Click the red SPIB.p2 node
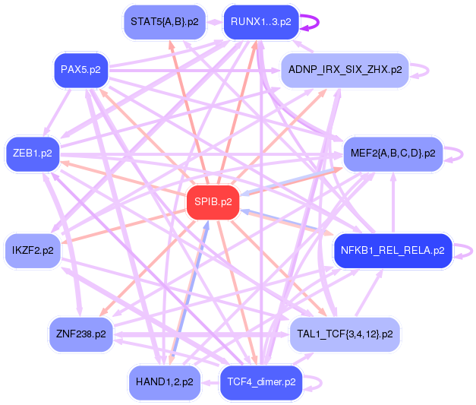pyautogui.click(x=213, y=202)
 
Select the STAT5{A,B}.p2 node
pyautogui.click(x=165, y=22)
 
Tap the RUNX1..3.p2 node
pyautogui.click(x=260, y=22)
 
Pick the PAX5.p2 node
pyautogui.click(x=80, y=70)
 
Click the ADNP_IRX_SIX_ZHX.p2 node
pyautogui.click(x=345, y=70)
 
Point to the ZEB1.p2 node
pyautogui.click(x=33, y=153)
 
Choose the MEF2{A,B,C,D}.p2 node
pyautogui.click(x=392, y=153)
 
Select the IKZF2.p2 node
pyautogui.click(x=33, y=251)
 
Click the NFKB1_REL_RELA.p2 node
pyautogui.click(x=392, y=251)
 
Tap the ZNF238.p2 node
pyautogui.click(x=80, y=334)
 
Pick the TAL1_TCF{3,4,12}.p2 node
pyautogui.click(x=345, y=334)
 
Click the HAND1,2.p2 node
pyautogui.click(x=165, y=382)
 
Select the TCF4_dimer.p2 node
pyautogui.click(x=261, y=382)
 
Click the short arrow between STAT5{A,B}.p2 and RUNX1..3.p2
pyautogui.click(x=214, y=22)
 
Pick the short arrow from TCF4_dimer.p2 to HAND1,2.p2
pyautogui.click(x=210, y=382)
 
